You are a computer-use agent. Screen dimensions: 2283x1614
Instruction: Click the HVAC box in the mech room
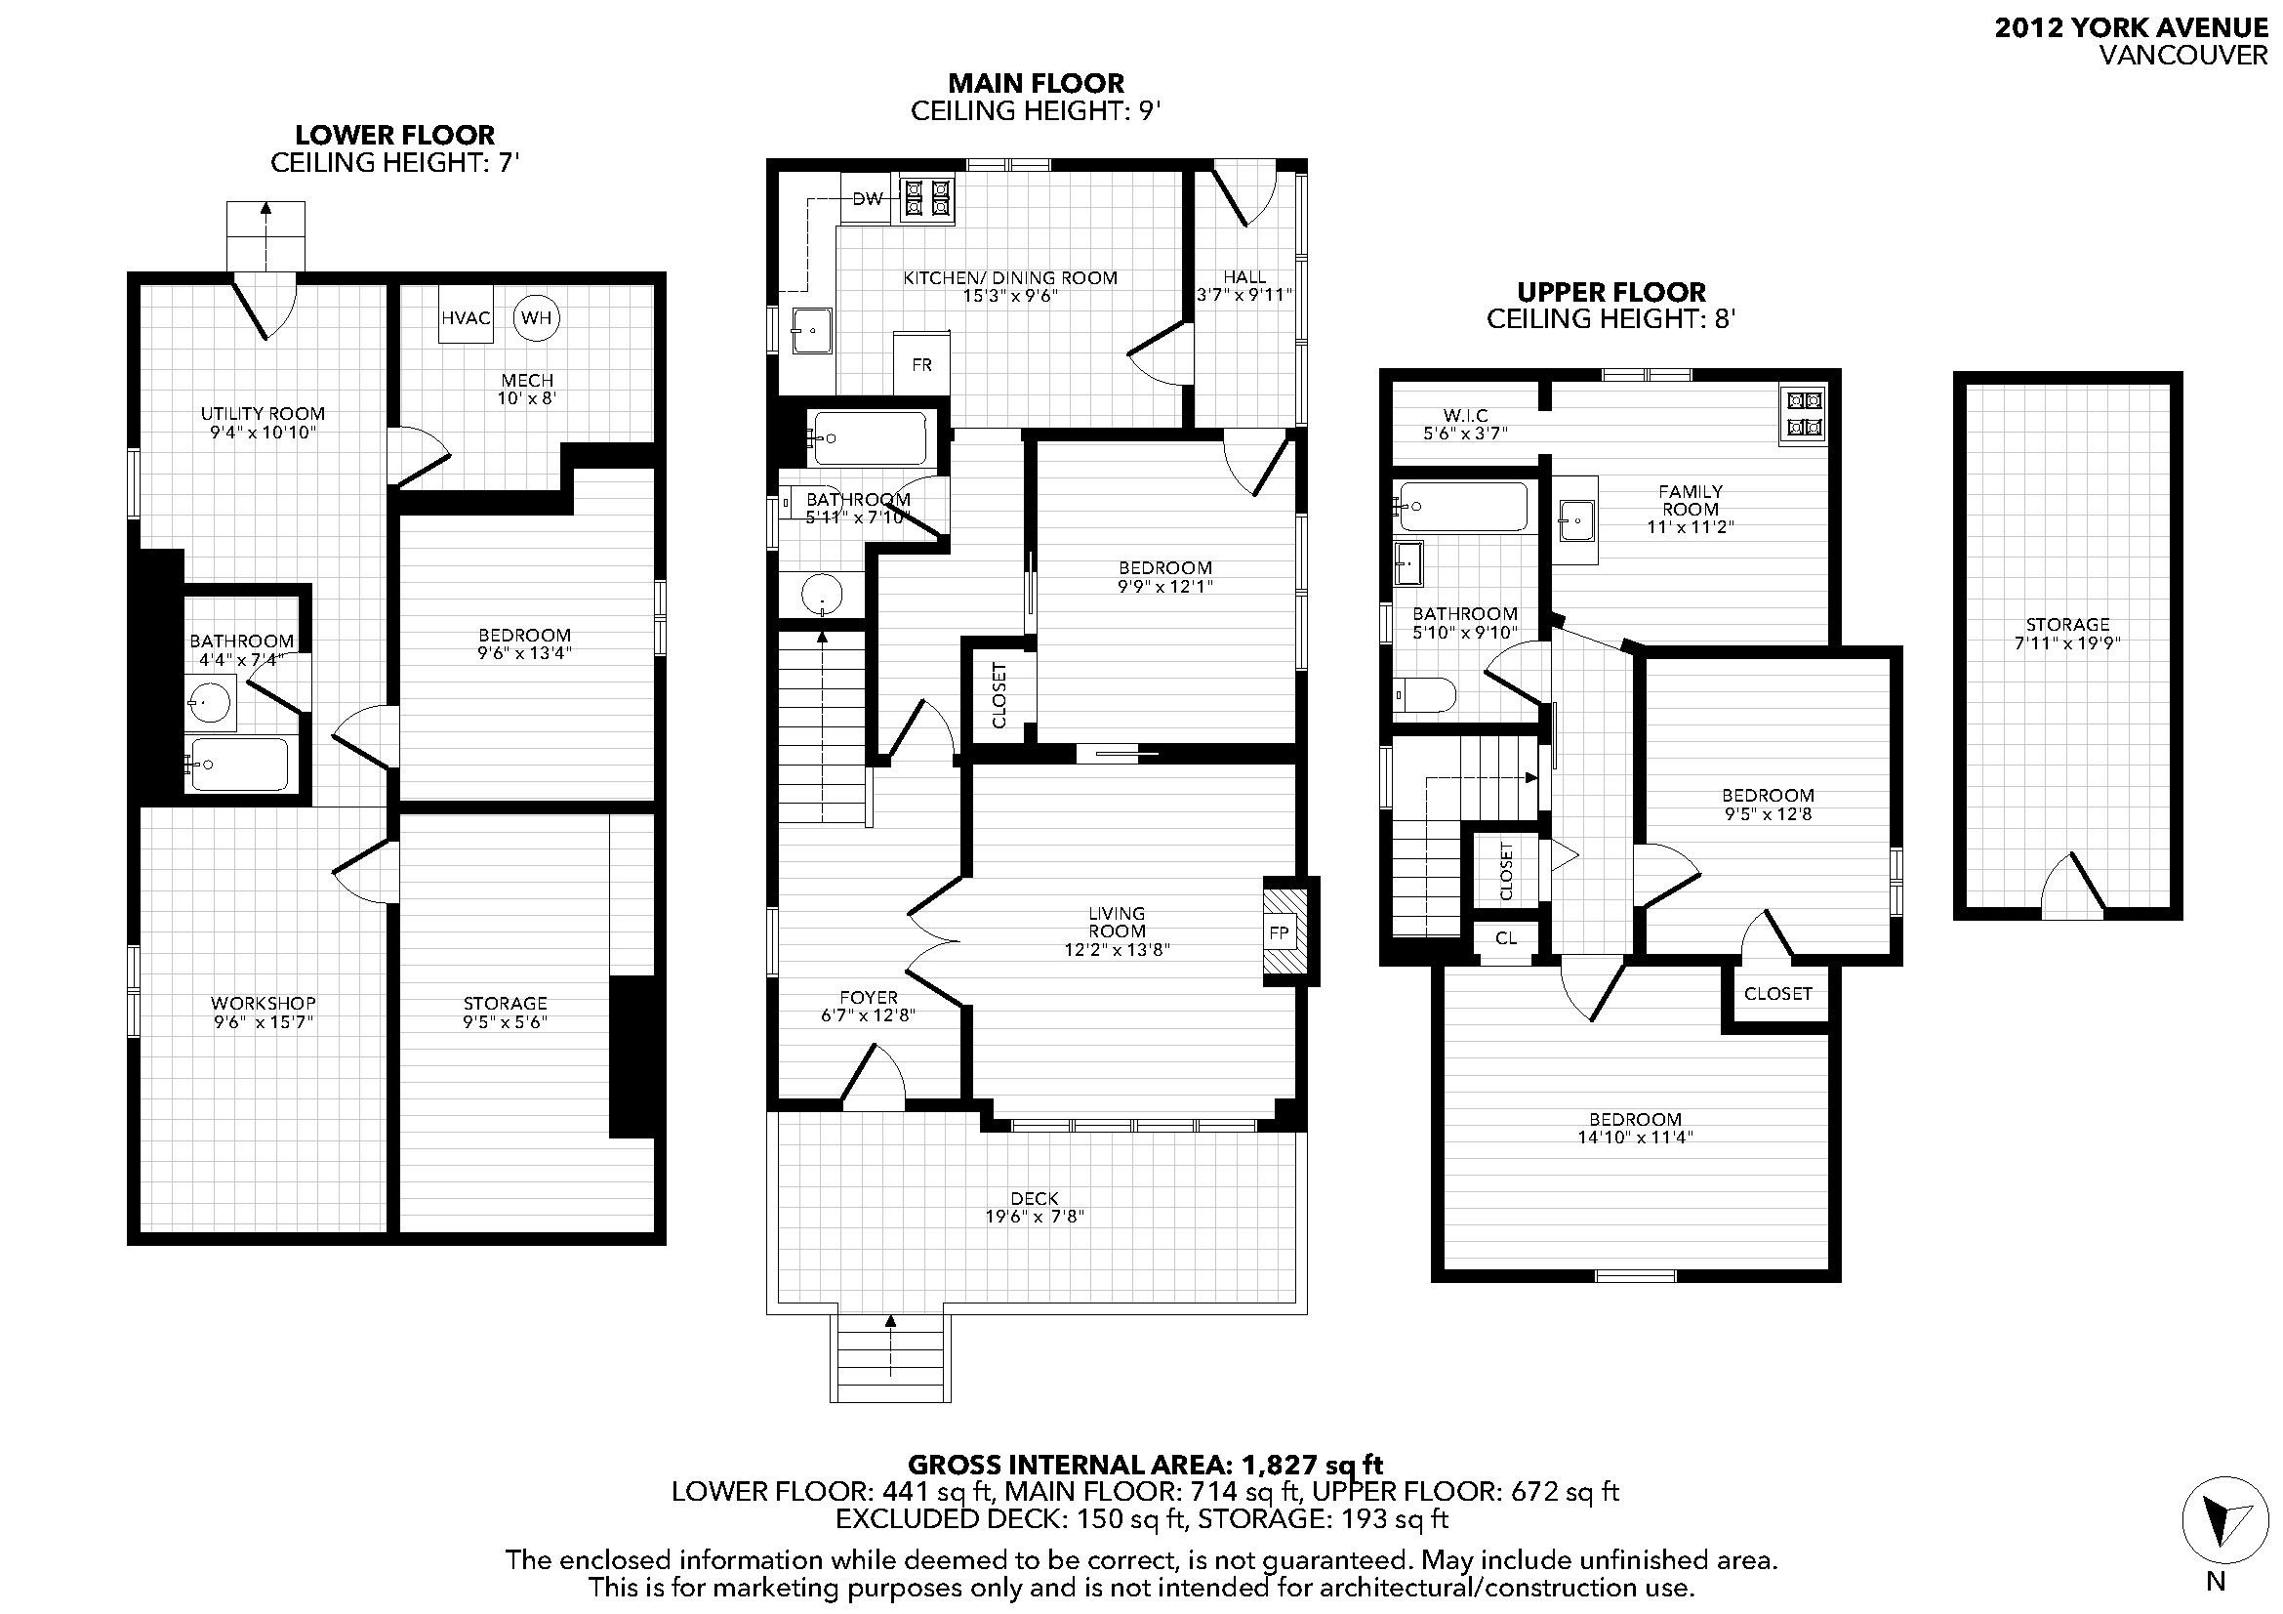[x=467, y=317]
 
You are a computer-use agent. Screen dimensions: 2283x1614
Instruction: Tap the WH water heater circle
[x=536, y=317]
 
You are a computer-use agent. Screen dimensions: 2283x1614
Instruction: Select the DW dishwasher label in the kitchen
[x=868, y=199]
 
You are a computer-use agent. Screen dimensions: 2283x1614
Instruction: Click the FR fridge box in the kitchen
[x=921, y=364]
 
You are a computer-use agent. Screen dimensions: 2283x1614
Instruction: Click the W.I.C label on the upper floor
[x=1465, y=415]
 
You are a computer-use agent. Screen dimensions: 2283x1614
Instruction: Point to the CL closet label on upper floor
[x=1505, y=936]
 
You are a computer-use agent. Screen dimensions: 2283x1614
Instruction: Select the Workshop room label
[x=264, y=1003]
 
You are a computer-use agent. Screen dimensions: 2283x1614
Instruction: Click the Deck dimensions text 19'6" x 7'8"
[x=1034, y=1217]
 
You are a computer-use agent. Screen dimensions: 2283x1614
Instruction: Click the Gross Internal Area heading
[x=1146, y=1464]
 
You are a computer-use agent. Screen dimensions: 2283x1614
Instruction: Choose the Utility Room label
[x=263, y=414]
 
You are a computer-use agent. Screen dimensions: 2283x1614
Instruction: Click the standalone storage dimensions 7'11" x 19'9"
[x=2067, y=642]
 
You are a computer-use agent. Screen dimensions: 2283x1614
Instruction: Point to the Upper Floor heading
[x=1610, y=292]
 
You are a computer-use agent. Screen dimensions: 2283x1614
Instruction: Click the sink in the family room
[x=1576, y=517]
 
